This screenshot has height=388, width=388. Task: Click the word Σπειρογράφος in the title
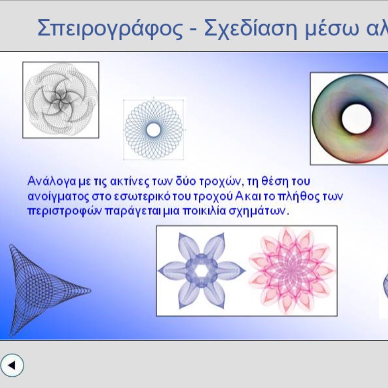point(110,28)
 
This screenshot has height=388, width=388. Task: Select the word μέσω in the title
point(332,29)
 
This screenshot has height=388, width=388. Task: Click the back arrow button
point(12,365)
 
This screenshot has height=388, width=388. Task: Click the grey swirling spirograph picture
point(60,100)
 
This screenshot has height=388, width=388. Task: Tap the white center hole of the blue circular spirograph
point(153,130)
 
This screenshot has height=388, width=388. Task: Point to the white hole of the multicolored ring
point(357,119)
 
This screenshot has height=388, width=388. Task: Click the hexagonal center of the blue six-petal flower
point(201,271)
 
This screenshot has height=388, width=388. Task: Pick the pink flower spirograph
point(292,271)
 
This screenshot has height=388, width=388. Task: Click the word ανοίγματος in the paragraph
point(58,197)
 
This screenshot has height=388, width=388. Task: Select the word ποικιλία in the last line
point(204,211)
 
